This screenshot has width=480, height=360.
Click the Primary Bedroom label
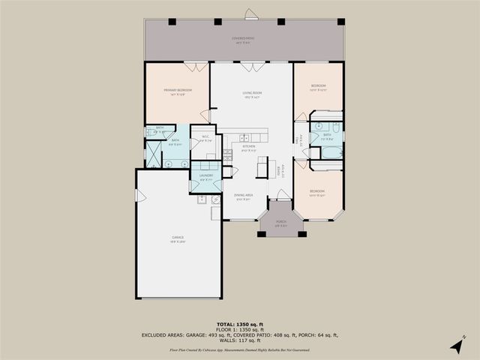[x=178, y=91]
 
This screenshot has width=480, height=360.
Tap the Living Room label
[x=251, y=94]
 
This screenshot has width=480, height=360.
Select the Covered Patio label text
[x=244, y=39]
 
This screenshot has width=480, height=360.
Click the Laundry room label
[x=206, y=176]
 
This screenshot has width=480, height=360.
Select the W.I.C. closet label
[x=205, y=137]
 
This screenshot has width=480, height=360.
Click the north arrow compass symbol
[x=455, y=345]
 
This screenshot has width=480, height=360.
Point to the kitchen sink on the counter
[x=245, y=136]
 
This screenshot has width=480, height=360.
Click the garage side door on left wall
[x=138, y=195]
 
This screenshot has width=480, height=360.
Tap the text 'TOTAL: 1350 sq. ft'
[x=240, y=321]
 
